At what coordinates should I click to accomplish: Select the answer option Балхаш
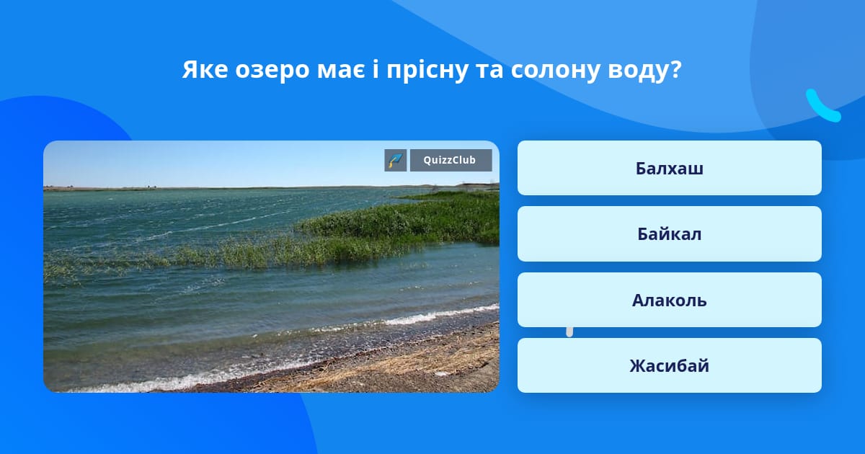(x=669, y=168)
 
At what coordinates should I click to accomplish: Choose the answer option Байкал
(x=669, y=234)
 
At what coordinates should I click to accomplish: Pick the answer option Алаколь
(x=669, y=300)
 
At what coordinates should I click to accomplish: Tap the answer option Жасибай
(x=669, y=365)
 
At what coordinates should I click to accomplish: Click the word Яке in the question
(x=205, y=70)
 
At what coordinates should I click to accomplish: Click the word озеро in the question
(x=272, y=71)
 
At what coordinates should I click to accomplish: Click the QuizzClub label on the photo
(x=451, y=160)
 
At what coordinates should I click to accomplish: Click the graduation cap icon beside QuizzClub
(x=396, y=160)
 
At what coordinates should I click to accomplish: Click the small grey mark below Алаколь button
(x=569, y=332)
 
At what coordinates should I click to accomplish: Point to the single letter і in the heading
(x=376, y=70)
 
